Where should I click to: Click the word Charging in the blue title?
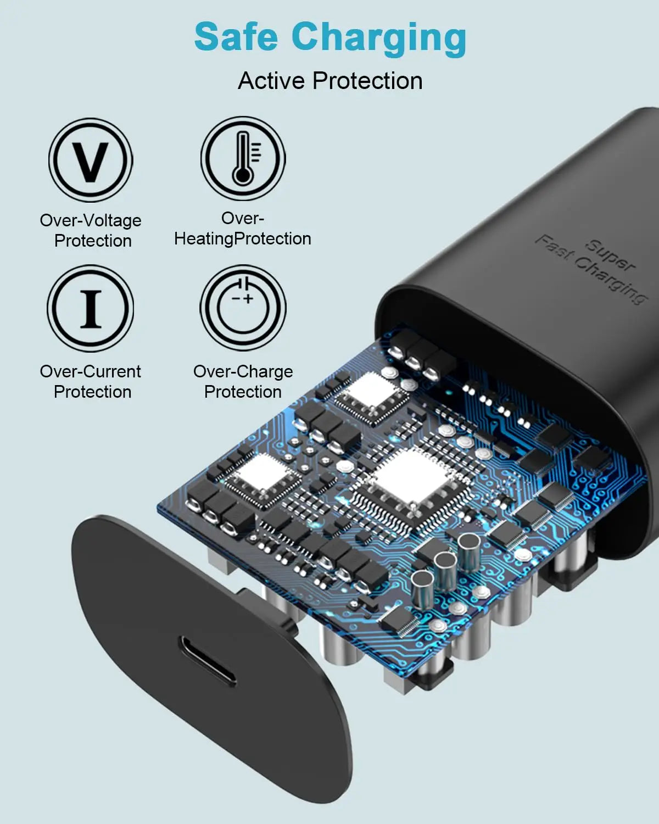(379, 39)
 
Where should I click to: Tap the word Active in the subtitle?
(271, 81)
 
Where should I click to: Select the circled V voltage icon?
(91, 160)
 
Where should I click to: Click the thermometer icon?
(243, 159)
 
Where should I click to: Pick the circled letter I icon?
(91, 309)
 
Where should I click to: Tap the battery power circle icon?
(243, 308)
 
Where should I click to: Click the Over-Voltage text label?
(91, 220)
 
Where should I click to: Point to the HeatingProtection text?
(243, 239)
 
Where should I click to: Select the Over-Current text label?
(91, 371)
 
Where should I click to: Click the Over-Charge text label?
(243, 372)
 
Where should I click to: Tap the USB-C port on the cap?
(207, 660)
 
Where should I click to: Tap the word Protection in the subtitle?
(367, 81)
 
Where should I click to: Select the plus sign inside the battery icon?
(249, 299)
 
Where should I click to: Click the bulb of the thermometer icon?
(243, 176)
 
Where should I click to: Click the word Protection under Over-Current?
(93, 392)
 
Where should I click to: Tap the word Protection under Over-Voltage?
(93, 241)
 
